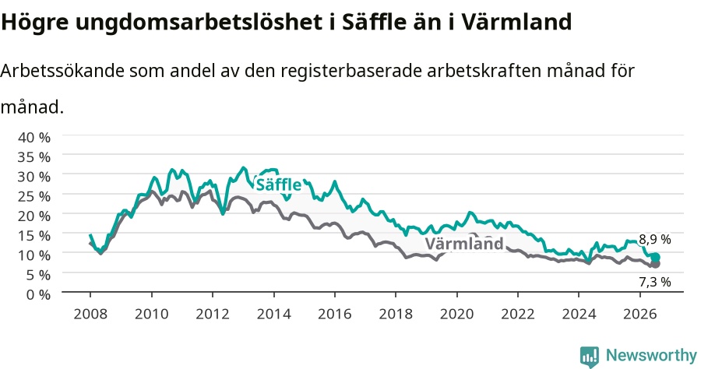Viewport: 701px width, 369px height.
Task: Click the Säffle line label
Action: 278,184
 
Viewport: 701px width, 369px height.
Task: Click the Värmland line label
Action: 464,244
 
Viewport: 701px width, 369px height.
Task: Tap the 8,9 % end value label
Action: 655,240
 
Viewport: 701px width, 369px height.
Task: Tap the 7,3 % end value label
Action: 655,282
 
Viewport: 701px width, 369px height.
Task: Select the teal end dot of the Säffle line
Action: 655,258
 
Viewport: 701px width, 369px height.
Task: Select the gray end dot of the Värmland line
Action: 655,264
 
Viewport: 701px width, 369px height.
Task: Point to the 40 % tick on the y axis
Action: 34,137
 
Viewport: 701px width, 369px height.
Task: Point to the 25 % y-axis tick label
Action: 34,196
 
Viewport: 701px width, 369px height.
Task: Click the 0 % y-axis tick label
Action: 38,294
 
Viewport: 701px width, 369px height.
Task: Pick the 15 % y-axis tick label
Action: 34,235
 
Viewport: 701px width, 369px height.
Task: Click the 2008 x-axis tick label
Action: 90,314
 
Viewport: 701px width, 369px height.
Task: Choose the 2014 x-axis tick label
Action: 273,314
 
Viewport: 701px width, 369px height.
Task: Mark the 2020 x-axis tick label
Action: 457,314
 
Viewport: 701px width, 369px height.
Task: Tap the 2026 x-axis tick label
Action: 640,314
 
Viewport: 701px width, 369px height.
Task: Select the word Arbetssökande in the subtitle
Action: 62,71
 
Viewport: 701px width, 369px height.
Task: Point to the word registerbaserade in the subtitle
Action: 351,72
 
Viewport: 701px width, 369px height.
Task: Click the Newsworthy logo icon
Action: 590,357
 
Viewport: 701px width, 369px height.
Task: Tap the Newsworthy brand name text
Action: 651,356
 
